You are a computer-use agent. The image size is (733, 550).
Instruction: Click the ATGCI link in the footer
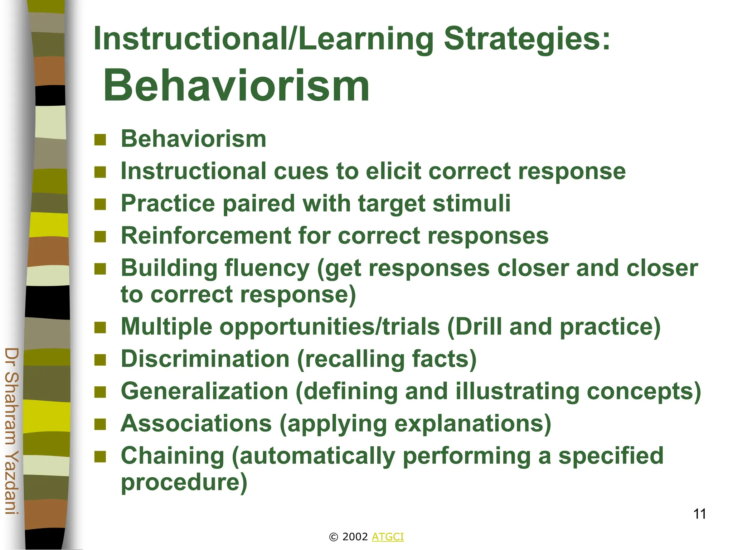point(388,537)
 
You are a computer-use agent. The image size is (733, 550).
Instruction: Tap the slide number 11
point(699,514)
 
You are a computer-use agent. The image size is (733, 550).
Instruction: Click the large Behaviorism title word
point(236,86)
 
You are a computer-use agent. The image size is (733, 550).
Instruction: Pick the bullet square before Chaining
point(100,457)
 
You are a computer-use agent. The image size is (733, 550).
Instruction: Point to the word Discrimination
point(205,359)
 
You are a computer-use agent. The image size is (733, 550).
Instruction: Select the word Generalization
point(204,391)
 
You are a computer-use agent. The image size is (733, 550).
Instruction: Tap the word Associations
point(196,423)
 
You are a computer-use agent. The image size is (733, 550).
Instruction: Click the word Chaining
point(173,456)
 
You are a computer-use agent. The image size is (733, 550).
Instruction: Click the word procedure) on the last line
point(184,482)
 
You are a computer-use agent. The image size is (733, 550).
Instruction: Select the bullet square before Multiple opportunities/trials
point(100,327)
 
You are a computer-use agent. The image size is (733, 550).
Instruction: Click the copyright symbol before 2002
point(333,537)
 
